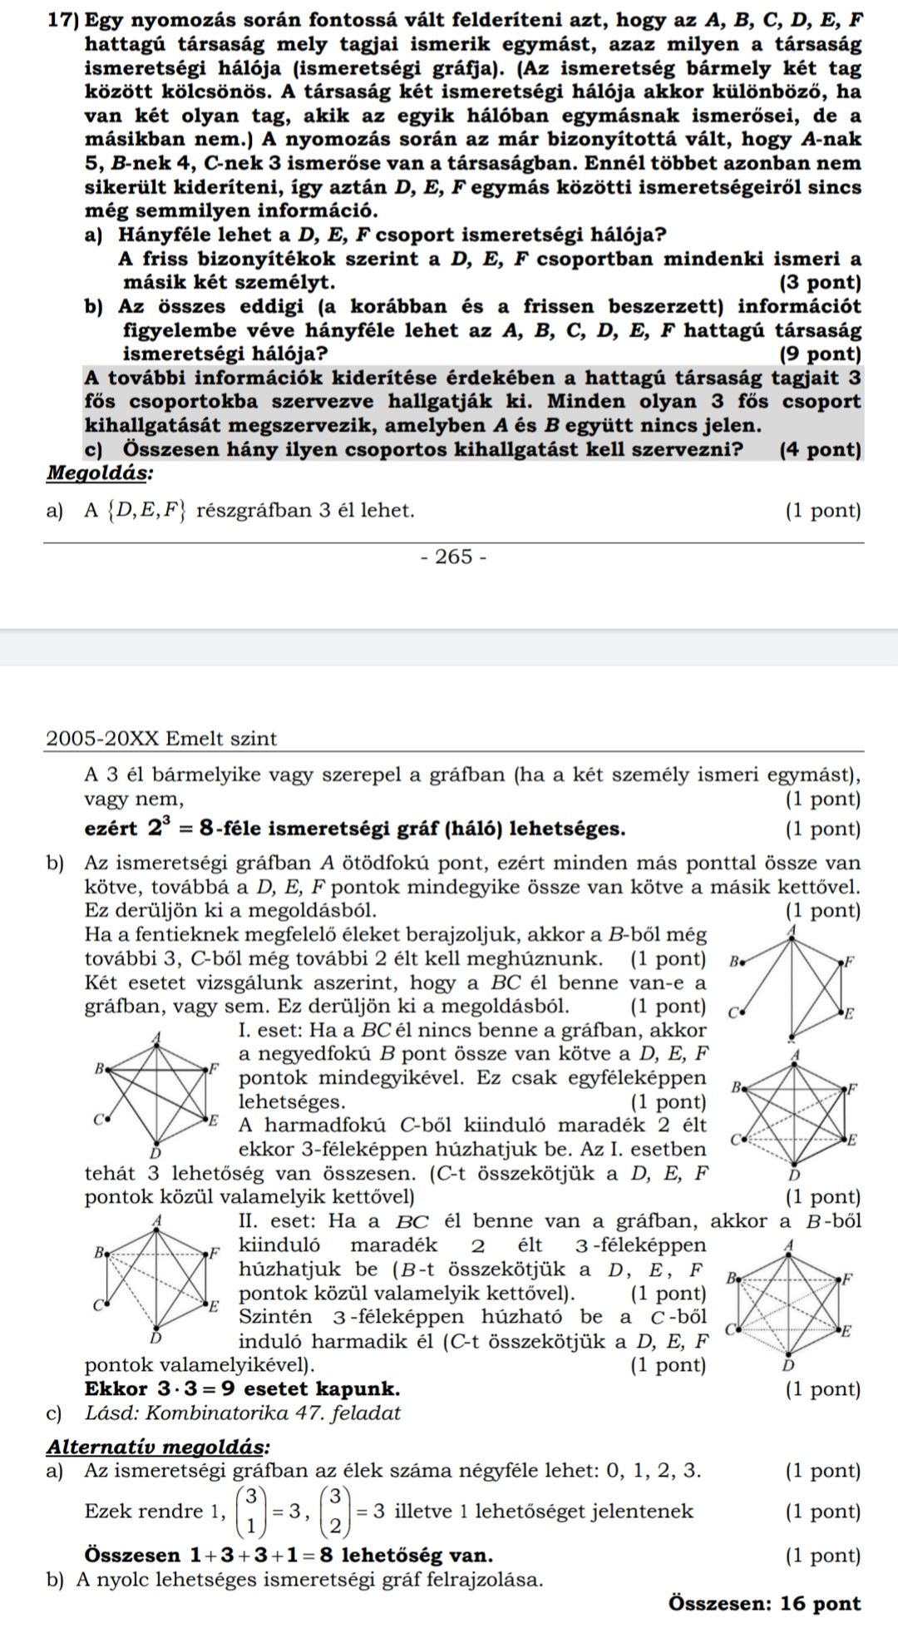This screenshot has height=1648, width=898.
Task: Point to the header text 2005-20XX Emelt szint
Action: [x=161, y=739]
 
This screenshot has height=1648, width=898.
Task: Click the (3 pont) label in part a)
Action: [x=821, y=282]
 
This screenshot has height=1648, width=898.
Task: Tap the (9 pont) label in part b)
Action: [x=821, y=354]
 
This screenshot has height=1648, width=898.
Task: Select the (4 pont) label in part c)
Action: [x=821, y=450]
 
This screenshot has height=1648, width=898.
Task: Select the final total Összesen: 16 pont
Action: [x=764, y=1603]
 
